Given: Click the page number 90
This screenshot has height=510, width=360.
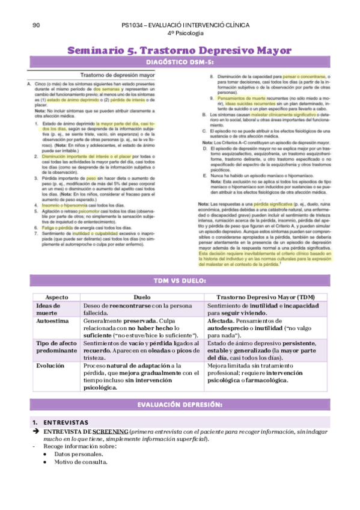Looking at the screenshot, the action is point(36,25).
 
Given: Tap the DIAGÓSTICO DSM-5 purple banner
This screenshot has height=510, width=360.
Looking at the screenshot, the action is point(180,63).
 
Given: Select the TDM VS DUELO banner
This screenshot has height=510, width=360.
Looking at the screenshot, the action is point(180,281).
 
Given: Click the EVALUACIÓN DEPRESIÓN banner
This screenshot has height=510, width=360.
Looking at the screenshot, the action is point(180,403).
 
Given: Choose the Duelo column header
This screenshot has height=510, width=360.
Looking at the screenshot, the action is point(142,297).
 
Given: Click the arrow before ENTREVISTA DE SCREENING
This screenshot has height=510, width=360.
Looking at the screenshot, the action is point(35,431).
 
